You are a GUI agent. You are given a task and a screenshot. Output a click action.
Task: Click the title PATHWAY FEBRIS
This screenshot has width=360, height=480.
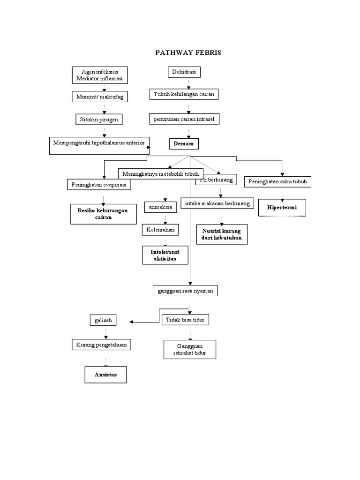point(188,52)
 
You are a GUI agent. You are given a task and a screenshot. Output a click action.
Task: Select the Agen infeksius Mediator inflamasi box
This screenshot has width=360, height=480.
point(99,75)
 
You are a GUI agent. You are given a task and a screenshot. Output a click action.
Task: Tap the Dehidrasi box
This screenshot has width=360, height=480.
point(184,72)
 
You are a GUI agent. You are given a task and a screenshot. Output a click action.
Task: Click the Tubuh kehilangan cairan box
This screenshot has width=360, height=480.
point(184,94)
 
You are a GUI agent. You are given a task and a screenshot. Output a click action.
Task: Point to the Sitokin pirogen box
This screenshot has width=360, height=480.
point(99,120)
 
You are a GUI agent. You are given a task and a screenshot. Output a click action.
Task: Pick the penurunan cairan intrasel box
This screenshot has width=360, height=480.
point(184,119)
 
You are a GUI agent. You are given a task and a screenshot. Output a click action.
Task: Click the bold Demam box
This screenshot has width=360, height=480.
point(184,143)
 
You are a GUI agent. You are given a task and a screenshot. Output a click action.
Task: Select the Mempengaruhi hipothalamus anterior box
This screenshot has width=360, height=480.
point(99,145)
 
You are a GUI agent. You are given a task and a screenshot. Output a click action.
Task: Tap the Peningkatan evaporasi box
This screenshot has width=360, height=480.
point(99,185)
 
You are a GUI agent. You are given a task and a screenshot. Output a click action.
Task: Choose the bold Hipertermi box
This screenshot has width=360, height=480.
point(282,207)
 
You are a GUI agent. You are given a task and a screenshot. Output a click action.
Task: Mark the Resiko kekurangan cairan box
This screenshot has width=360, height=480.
point(103,214)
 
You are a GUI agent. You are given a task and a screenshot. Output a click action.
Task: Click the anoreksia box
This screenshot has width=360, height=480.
point(160,207)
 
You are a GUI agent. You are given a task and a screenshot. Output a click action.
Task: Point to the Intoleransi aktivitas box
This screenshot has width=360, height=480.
point(165,255)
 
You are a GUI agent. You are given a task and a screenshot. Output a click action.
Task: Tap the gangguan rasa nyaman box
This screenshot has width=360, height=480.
point(185,291)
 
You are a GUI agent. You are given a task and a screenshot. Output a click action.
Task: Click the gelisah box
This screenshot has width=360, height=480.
point(103,321)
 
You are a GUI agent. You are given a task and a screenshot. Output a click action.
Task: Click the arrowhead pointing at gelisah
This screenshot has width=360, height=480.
point(132,322)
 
